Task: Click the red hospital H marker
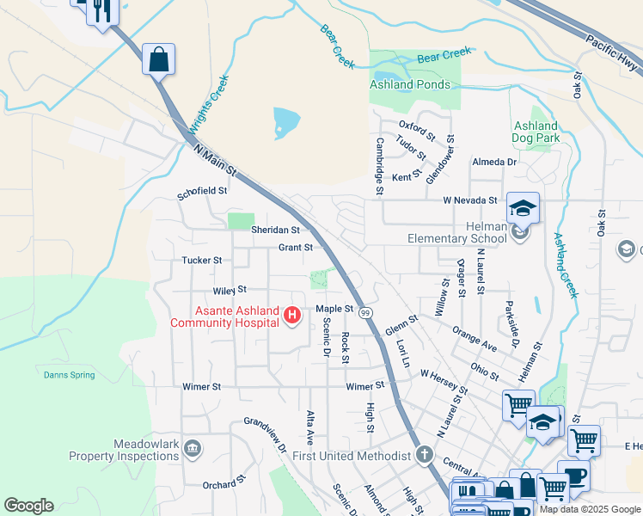pos(292,316)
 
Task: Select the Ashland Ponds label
pos(410,84)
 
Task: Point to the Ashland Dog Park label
pos(536,132)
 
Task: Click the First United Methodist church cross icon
pos(423,454)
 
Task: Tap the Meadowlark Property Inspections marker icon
pos(192,448)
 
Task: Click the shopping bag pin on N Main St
pos(158,60)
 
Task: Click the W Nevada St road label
pos(470,200)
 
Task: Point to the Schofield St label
pos(203,190)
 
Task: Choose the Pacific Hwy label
pos(613,52)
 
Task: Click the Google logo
pos(28,506)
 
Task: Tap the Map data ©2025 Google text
pos(590,509)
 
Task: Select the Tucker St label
pos(202,260)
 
